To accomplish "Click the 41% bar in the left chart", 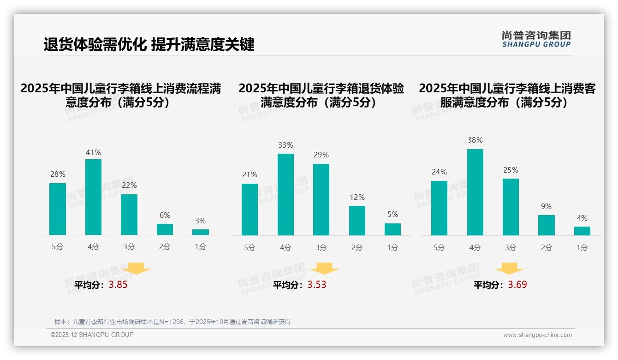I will [93, 197].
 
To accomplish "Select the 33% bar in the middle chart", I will [285, 194].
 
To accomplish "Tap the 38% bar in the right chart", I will [475, 192].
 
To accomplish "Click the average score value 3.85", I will [118, 285].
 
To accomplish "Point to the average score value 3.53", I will [317, 285].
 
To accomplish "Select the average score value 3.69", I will [517, 285].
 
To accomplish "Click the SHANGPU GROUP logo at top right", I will [536, 39].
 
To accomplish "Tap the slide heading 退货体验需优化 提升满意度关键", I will [149, 44].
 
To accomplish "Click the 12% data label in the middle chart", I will [357, 197].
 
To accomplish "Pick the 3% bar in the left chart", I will [201, 232].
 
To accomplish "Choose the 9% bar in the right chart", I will [547, 225].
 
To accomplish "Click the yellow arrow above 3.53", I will [324, 269].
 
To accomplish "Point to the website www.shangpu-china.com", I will [537, 335].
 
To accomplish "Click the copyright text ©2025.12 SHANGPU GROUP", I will [92, 335].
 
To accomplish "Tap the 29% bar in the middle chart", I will [321, 199].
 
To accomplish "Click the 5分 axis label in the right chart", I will [439, 247].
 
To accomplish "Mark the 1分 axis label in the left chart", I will [201, 247].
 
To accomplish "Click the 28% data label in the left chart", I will [58, 174].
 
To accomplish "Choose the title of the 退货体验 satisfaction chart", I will [321, 95].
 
